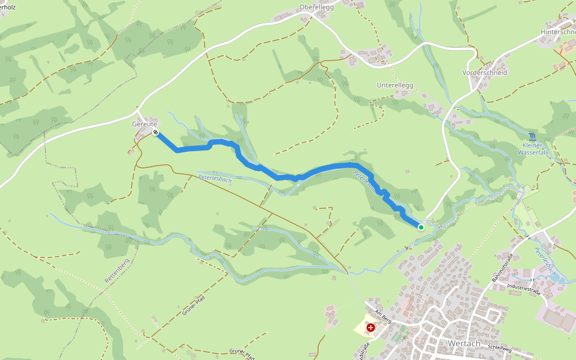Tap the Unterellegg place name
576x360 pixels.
(x=395, y=85)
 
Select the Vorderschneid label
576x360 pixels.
(x=485, y=72)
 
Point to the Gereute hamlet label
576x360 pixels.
(x=144, y=124)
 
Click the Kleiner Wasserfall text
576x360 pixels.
(x=532, y=149)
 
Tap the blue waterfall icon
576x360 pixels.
(x=532, y=137)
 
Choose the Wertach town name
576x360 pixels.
(x=464, y=343)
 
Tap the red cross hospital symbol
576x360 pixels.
(x=371, y=328)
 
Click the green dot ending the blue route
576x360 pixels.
(x=421, y=227)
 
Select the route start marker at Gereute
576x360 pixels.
(x=155, y=132)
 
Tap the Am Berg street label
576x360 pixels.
(x=382, y=317)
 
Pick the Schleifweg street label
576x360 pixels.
(x=500, y=347)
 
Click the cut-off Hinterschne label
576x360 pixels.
(x=558, y=32)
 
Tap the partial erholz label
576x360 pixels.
(x=8, y=7)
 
